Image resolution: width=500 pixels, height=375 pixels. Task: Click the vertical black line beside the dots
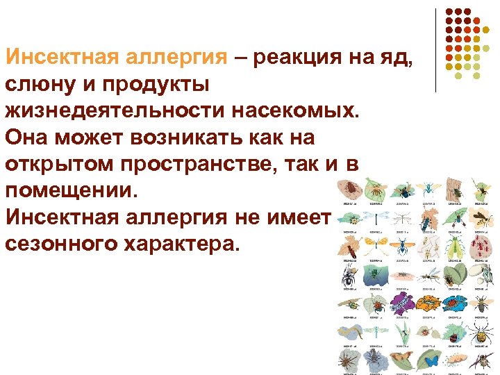(435, 50)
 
